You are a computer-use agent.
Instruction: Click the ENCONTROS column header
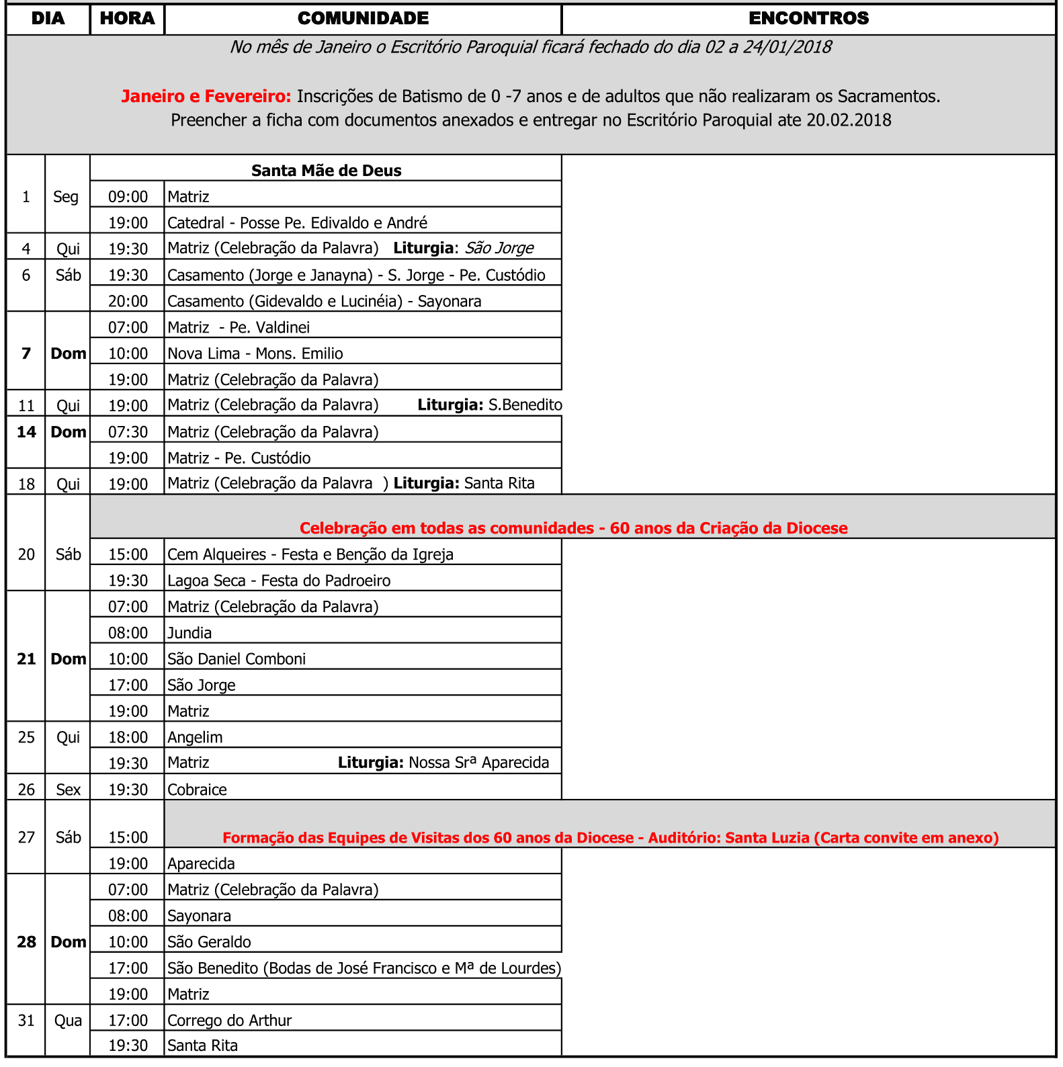click(808, 19)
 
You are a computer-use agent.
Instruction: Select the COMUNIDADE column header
click(363, 19)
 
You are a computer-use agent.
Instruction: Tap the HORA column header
click(127, 19)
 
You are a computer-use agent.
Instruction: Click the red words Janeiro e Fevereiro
click(206, 97)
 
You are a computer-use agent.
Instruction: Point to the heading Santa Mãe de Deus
click(326, 171)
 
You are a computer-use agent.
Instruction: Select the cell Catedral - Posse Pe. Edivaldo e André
click(297, 223)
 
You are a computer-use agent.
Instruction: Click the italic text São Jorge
click(499, 249)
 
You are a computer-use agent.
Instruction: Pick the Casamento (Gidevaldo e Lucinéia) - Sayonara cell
click(324, 301)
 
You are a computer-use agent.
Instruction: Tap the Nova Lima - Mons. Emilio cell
click(255, 353)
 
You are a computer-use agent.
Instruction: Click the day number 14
click(26, 432)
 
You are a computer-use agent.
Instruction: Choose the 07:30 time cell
click(128, 432)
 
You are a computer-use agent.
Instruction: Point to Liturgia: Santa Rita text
click(464, 484)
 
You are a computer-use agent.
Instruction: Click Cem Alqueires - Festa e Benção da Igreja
click(310, 555)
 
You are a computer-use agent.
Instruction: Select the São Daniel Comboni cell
click(237, 659)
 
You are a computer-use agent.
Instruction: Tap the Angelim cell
click(195, 738)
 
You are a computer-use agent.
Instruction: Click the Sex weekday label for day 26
click(68, 790)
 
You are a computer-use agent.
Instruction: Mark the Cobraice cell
click(197, 790)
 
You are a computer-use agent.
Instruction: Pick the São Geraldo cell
click(209, 942)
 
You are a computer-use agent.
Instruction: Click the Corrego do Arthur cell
click(229, 1021)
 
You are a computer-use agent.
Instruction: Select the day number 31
click(26, 1021)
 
